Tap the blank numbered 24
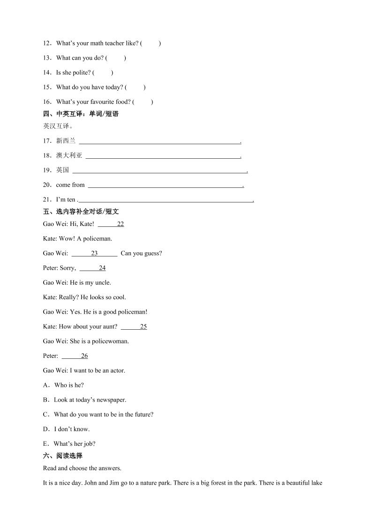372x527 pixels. tap(92, 268)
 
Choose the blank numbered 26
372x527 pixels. tap(75, 356)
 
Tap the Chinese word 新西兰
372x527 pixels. tap(66, 140)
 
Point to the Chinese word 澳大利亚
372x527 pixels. tap(69, 155)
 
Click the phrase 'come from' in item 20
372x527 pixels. tap(70, 185)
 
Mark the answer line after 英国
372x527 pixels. tap(159, 170)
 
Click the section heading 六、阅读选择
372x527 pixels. tap(62, 456)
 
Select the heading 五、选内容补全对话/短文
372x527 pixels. tap(81, 211)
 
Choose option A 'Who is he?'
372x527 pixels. tap(69, 385)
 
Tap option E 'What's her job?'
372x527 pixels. tap(75, 443)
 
